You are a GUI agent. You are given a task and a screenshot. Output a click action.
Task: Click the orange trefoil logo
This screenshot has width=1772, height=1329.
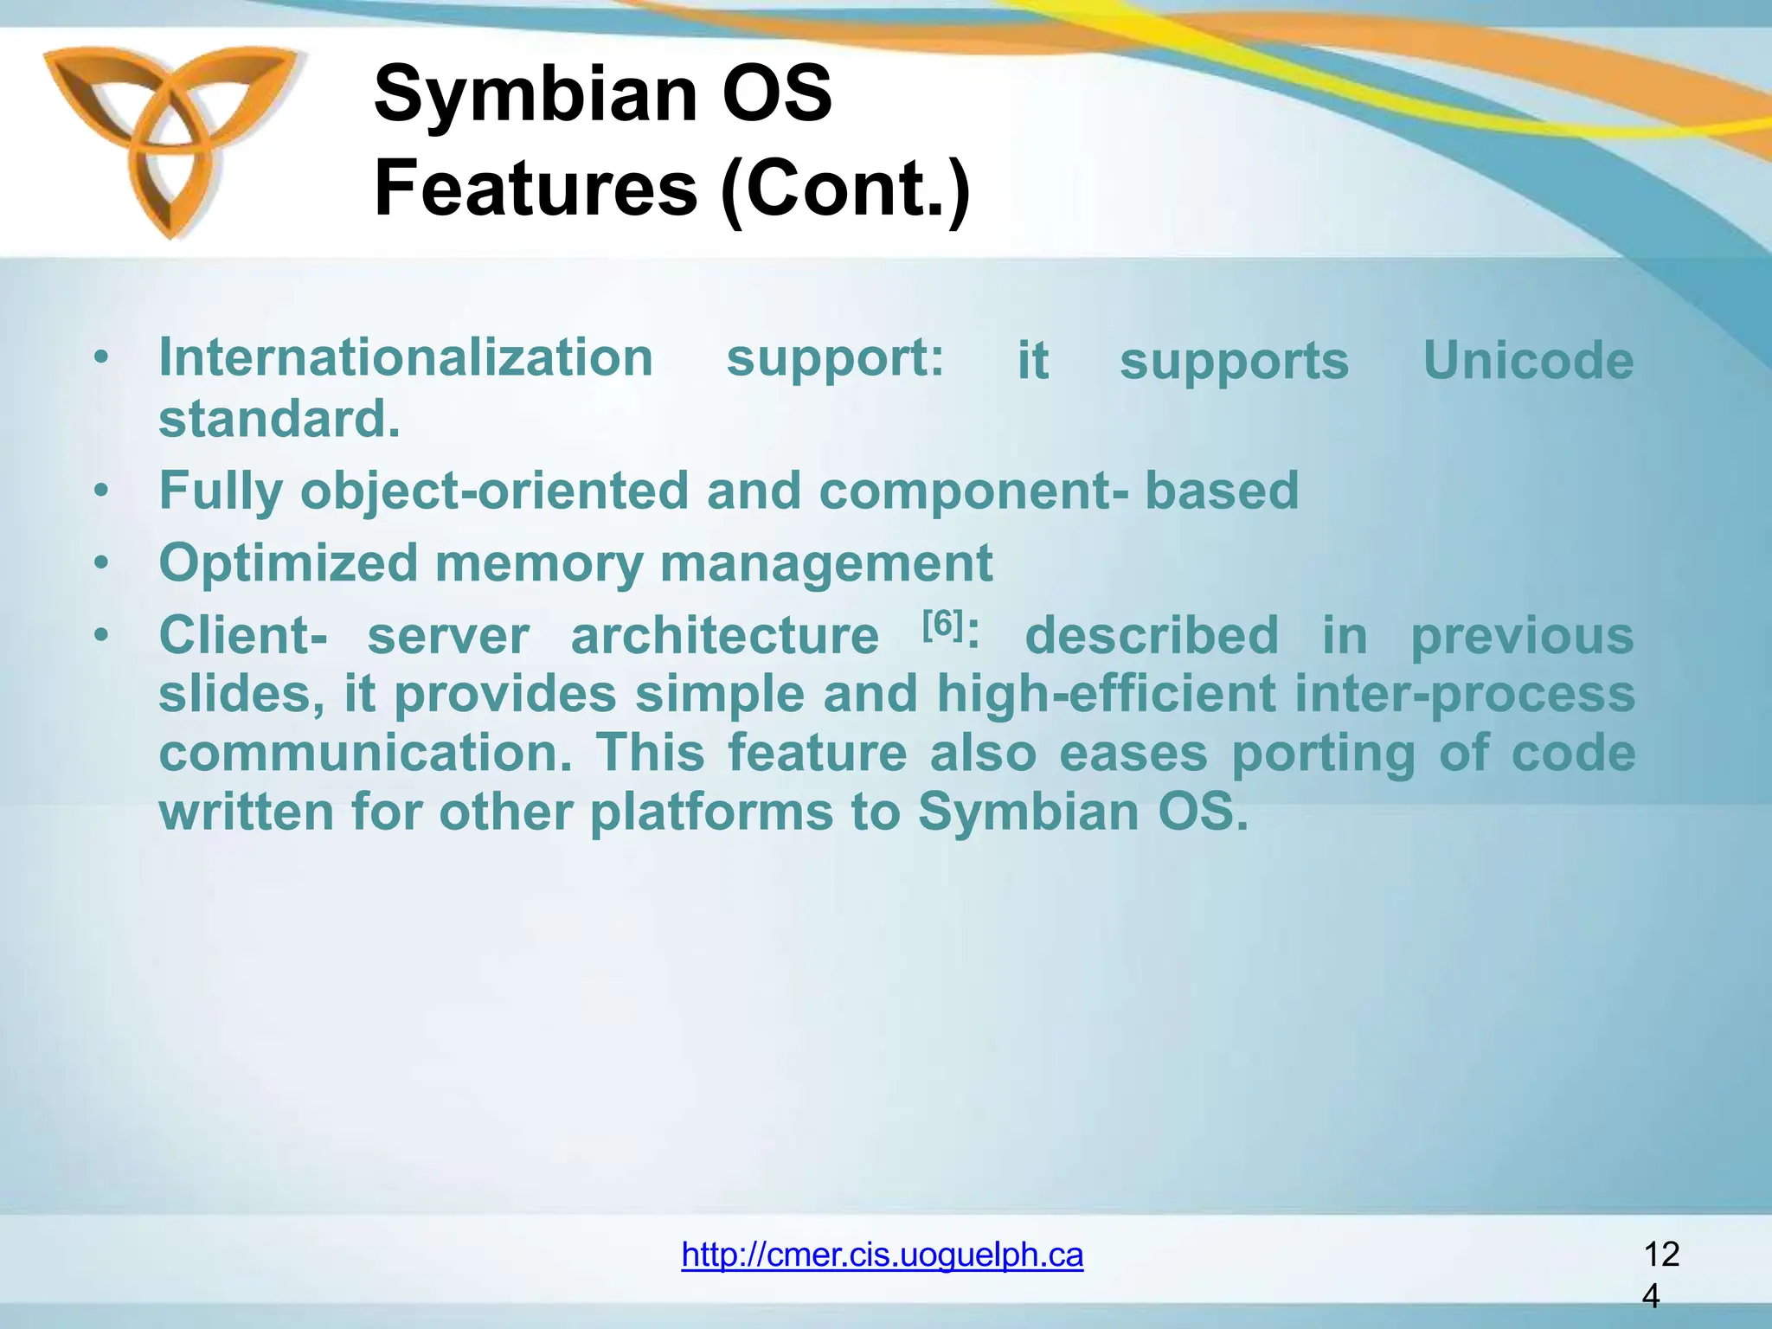[x=170, y=138]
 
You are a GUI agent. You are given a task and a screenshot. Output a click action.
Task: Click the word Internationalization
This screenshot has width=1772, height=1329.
[x=406, y=358]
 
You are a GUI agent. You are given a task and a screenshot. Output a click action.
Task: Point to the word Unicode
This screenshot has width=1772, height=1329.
[x=1528, y=360]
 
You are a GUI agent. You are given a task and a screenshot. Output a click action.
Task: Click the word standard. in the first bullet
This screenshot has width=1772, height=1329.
[x=279, y=420]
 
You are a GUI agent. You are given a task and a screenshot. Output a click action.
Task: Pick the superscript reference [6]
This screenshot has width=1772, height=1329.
[x=941, y=623]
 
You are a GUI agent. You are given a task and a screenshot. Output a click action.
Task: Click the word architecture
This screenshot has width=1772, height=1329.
[x=724, y=637]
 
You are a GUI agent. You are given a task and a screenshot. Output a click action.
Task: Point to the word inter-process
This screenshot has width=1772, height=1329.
[x=1464, y=695]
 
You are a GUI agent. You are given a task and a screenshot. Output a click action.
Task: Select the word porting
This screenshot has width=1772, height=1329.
[x=1323, y=753]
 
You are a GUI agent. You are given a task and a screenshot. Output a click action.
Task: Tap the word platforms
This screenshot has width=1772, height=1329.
[x=710, y=812]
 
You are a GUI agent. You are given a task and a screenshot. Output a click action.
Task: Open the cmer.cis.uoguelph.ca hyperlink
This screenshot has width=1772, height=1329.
[x=882, y=1255]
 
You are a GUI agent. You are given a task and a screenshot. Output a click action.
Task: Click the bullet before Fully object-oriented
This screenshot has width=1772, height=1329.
[x=102, y=491]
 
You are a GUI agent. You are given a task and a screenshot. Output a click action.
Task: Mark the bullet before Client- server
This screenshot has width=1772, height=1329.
[x=102, y=636]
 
